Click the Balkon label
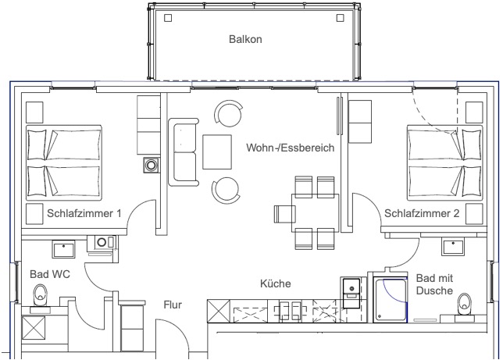click(244, 38)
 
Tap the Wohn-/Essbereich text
click(290, 148)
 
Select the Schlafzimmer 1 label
click(84, 213)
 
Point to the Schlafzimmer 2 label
click(421, 213)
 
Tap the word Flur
click(173, 305)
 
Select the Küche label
click(276, 283)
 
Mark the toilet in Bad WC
click(41, 294)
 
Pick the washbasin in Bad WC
click(63, 249)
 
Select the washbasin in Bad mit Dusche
click(453, 248)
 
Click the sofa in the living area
click(184, 152)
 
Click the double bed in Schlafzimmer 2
click(444, 162)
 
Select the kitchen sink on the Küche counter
click(288, 311)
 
